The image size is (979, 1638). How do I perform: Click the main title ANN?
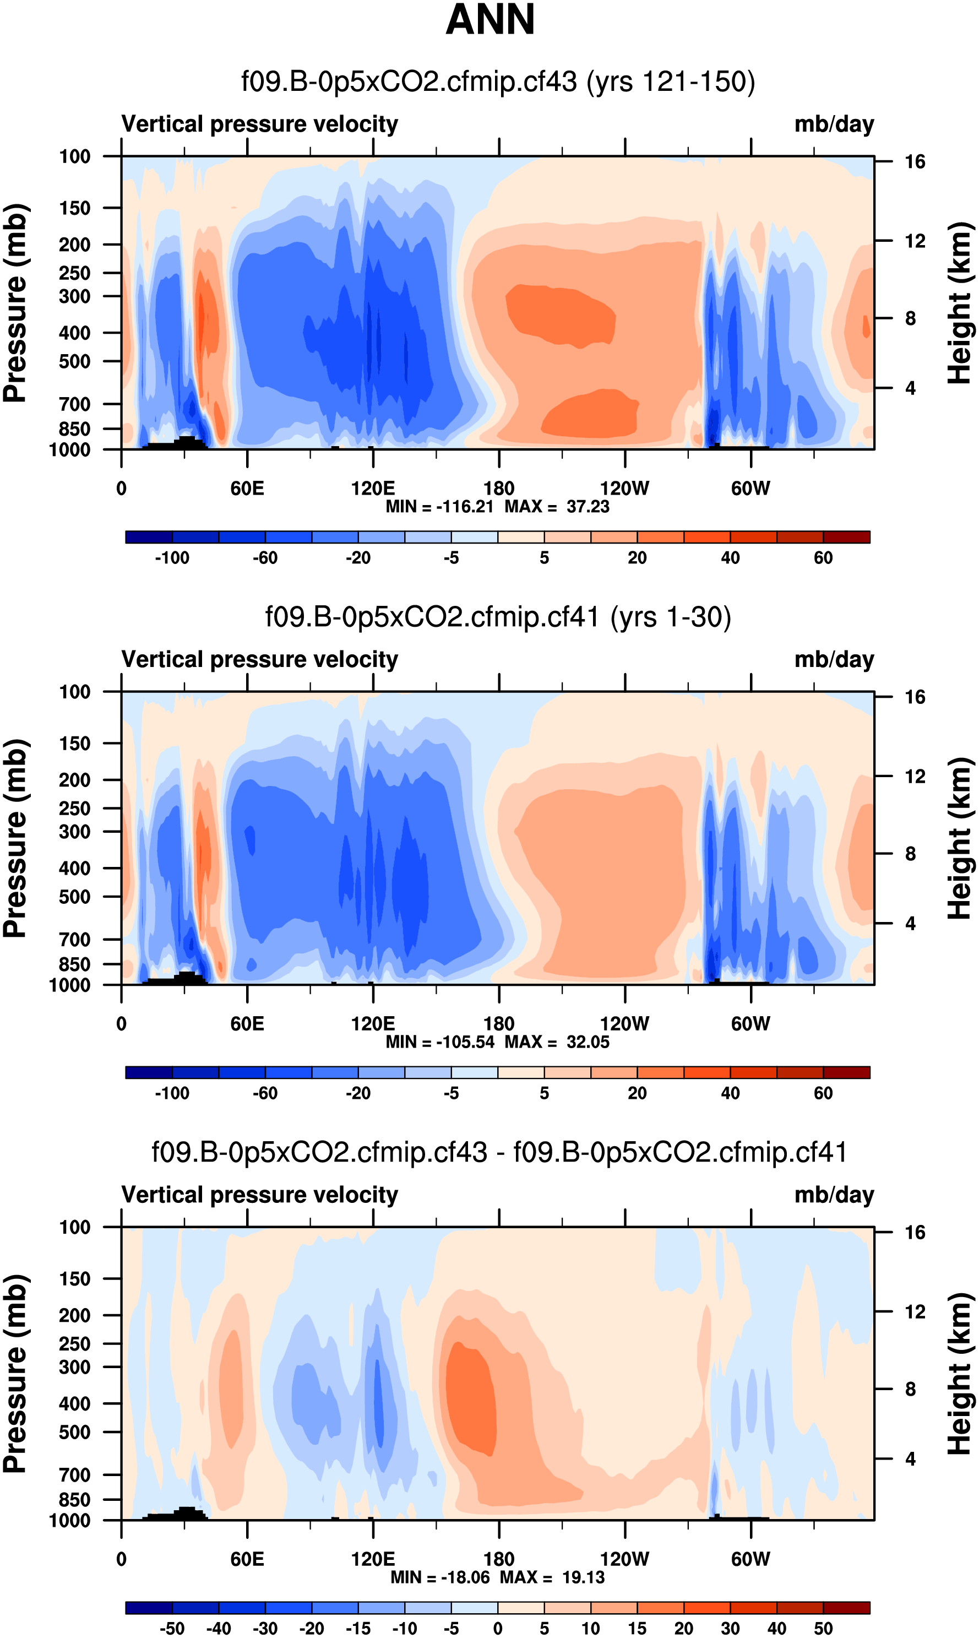[x=490, y=20]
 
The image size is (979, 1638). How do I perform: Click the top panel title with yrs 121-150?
[x=498, y=82]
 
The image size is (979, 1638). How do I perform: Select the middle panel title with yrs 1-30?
[x=498, y=617]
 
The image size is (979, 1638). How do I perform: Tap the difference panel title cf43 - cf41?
[x=499, y=1152]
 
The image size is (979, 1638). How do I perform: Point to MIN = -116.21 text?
[x=439, y=507]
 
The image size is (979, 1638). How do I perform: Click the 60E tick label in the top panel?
[x=247, y=489]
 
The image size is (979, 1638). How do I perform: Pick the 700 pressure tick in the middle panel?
[x=74, y=940]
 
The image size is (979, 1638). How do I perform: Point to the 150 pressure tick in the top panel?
[x=74, y=208]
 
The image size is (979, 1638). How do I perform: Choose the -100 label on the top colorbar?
[x=172, y=558]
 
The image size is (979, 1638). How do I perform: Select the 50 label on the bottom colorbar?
[x=823, y=1629]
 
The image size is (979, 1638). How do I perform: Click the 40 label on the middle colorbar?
[x=730, y=1093]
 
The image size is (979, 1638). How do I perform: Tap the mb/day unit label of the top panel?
[x=834, y=124]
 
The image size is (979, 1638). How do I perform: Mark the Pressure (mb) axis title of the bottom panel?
[x=14, y=1374]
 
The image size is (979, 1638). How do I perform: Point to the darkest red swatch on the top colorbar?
[x=846, y=537]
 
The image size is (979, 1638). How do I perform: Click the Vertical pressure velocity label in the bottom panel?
[x=259, y=1195]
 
